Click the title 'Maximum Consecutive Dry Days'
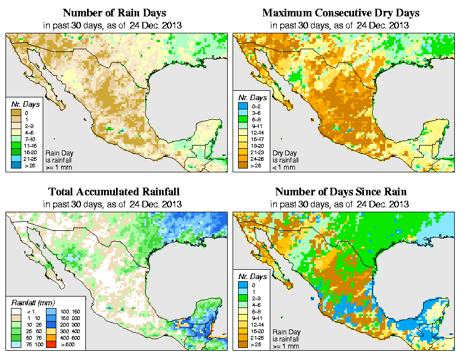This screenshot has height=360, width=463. pyautogui.click(x=340, y=13)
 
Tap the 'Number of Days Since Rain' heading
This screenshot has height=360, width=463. pyautogui.click(x=340, y=192)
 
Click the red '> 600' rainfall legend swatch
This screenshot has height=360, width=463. pyautogui.click(x=50, y=346)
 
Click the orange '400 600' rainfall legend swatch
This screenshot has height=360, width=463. pyautogui.click(x=50, y=339)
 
